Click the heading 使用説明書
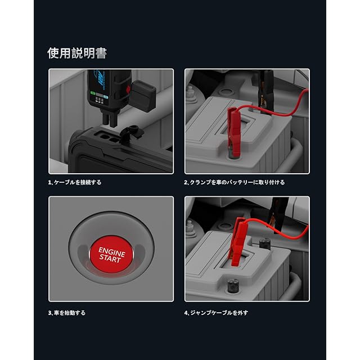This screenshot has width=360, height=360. [x=77, y=53]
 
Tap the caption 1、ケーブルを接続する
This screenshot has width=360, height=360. [x=75, y=182]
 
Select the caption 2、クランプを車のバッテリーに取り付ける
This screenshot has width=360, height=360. [x=234, y=182]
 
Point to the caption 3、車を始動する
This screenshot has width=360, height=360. [x=67, y=313]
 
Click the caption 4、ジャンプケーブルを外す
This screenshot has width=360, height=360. [x=216, y=313]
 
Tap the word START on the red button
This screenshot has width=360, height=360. [x=110, y=259]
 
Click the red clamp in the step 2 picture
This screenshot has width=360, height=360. [x=234, y=131]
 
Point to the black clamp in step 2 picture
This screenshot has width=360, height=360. [x=265, y=92]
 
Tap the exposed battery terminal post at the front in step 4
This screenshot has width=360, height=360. [x=233, y=285]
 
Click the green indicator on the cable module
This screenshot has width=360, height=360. [x=93, y=93]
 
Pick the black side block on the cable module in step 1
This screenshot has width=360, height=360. [x=142, y=93]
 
